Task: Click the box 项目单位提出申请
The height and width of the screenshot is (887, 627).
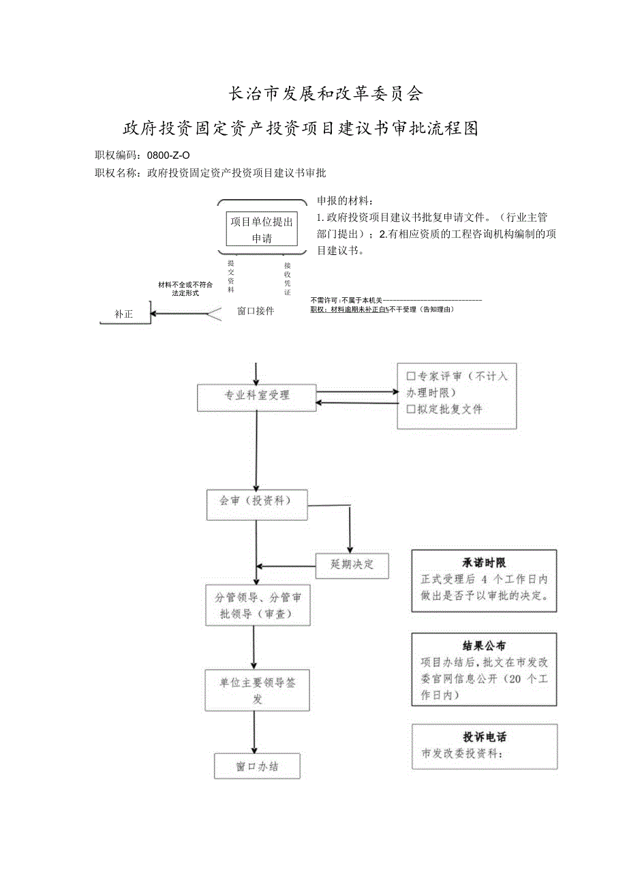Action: pos(262,229)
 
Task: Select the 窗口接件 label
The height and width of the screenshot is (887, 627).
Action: pos(256,311)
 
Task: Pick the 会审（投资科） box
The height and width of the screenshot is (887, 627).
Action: pos(257,504)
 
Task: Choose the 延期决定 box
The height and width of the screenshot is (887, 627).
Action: pos(352,565)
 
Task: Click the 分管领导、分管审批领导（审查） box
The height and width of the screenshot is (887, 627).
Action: pos(258,605)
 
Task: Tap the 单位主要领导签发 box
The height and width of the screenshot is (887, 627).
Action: pos(258,690)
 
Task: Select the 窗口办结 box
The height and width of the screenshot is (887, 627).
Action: pos(257,766)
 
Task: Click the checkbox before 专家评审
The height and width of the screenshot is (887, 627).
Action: pos(411,376)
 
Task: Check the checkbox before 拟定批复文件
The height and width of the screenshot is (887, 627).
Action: pos(411,410)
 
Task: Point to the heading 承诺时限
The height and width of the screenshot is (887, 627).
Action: pos(484,563)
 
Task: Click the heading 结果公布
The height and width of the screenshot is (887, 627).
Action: pos(484,646)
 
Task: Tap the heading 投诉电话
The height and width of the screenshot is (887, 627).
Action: pos(485,737)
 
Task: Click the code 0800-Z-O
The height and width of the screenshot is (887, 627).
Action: pos(164,155)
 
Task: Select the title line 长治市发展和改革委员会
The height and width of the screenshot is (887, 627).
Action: pos(325,93)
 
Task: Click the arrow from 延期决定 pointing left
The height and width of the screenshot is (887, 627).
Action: pos(286,566)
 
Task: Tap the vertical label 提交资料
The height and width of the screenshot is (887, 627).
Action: pos(231,276)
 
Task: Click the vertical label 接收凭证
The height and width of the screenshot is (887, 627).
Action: pos(288,278)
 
